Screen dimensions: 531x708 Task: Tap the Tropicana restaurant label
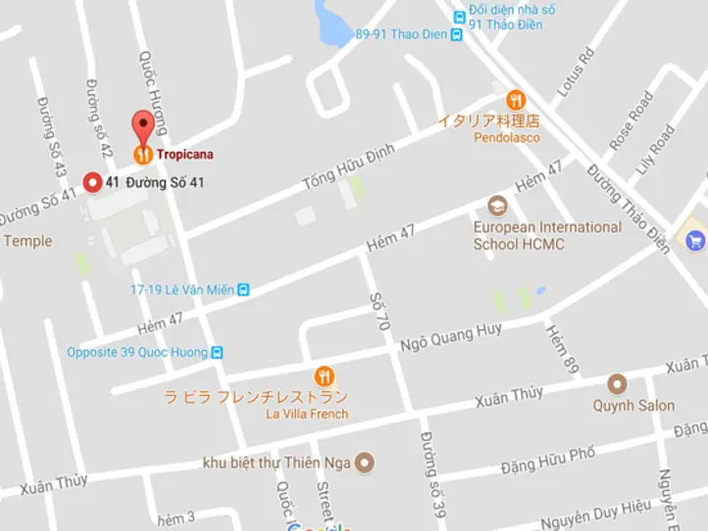(x=184, y=154)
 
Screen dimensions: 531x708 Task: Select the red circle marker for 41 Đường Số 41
(x=93, y=182)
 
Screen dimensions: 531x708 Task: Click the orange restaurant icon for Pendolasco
(x=516, y=100)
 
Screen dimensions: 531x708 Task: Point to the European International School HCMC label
(x=546, y=235)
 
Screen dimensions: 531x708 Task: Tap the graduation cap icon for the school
(x=497, y=206)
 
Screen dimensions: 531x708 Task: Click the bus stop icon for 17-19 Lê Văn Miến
(x=243, y=289)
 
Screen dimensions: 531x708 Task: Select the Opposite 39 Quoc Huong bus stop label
(x=136, y=353)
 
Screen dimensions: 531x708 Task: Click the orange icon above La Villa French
(x=324, y=376)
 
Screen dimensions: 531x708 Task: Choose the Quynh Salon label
(x=633, y=406)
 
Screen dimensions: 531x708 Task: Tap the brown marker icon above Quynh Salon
(x=616, y=383)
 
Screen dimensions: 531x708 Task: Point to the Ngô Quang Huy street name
(x=450, y=339)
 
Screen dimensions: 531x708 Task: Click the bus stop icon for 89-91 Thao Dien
(x=457, y=34)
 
